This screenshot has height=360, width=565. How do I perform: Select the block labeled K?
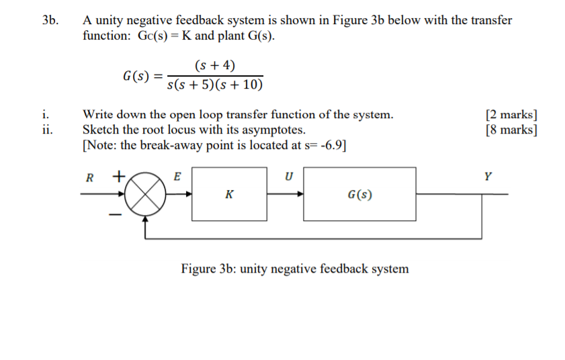click(x=230, y=194)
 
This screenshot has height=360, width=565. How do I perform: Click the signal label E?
click(x=177, y=177)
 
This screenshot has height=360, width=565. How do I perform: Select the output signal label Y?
click(x=487, y=177)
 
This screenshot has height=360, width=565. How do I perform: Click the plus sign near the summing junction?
click(x=118, y=177)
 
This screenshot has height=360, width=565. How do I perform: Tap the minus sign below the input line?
click(x=115, y=215)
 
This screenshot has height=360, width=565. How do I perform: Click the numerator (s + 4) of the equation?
click(x=214, y=65)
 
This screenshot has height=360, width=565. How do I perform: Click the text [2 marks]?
click(x=510, y=114)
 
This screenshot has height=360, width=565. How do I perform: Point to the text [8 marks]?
click(x=510, y=130)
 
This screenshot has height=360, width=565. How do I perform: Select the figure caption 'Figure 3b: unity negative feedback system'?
click(x=294, y=269)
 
